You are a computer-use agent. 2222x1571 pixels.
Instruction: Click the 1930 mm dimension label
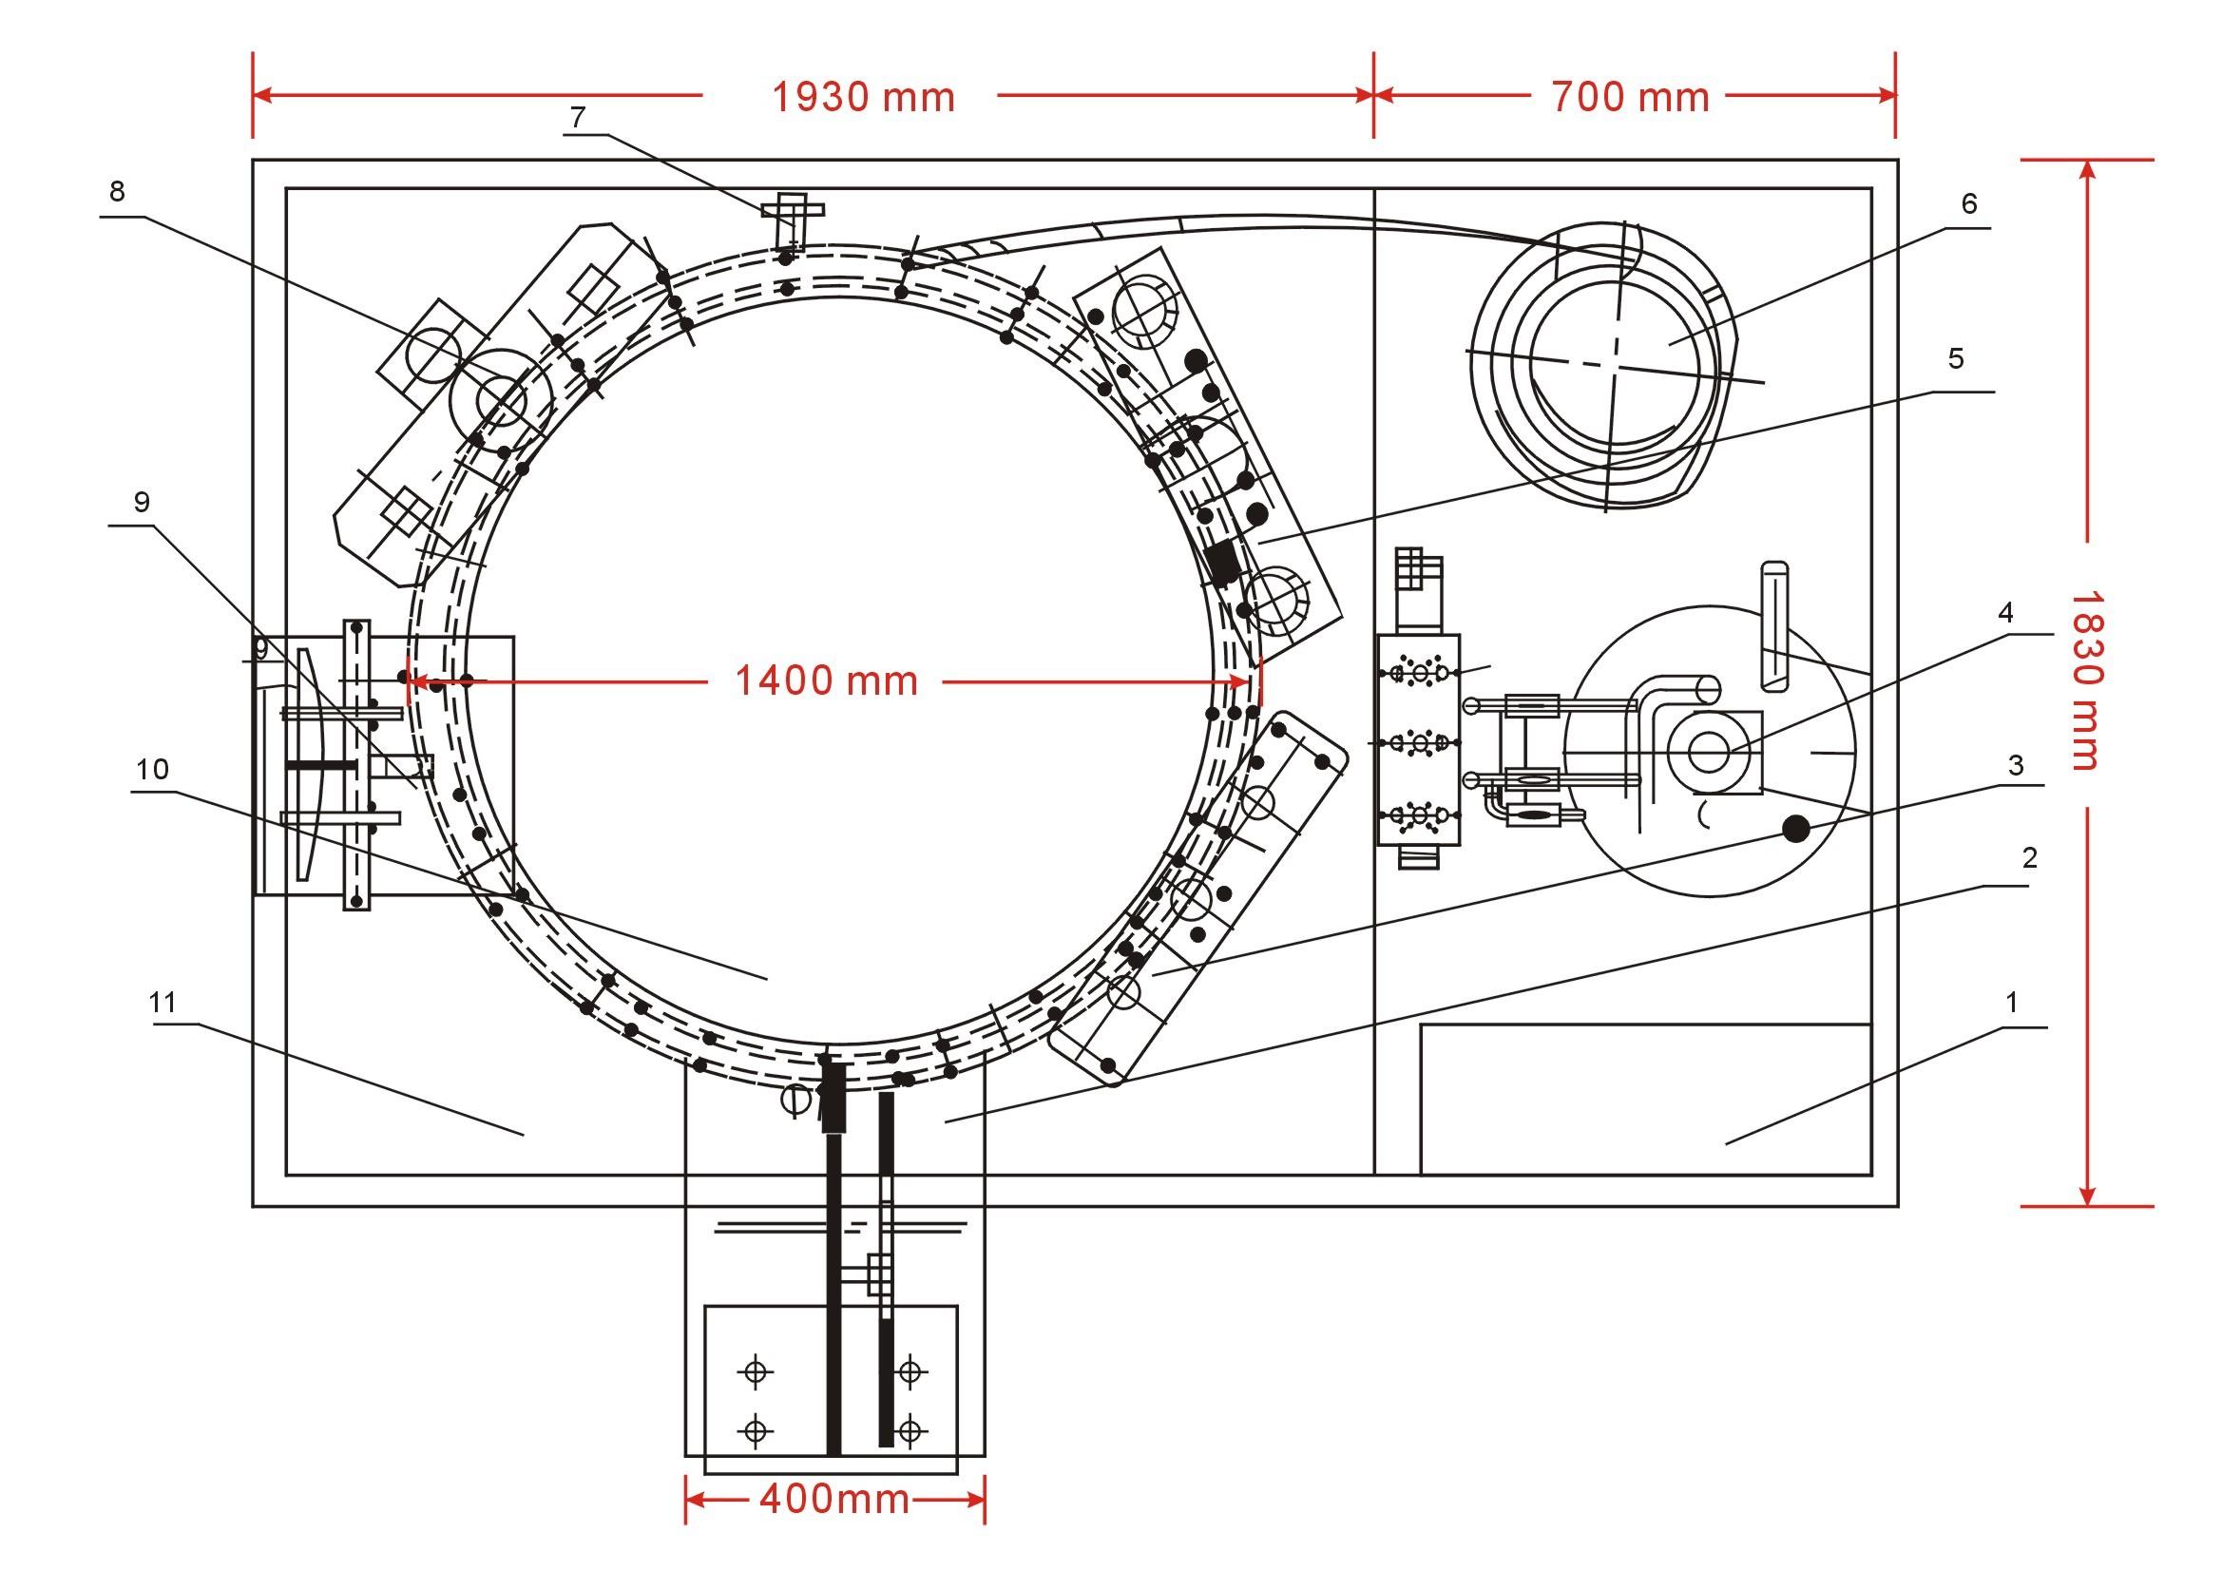[863, 98]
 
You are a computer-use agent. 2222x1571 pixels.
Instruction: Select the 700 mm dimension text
[1631, 98]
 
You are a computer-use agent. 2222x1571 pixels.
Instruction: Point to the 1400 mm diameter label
[827, 681]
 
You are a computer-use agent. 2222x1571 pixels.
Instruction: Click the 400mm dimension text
[834, 1500]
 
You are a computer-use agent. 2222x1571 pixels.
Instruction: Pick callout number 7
[578, 117]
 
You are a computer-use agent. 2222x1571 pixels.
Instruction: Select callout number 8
[117, 192]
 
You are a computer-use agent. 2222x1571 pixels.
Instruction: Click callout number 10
[153, 770]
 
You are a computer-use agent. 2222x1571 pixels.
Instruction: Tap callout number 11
[163, 1003]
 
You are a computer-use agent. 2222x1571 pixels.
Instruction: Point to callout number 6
[1968, 204]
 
